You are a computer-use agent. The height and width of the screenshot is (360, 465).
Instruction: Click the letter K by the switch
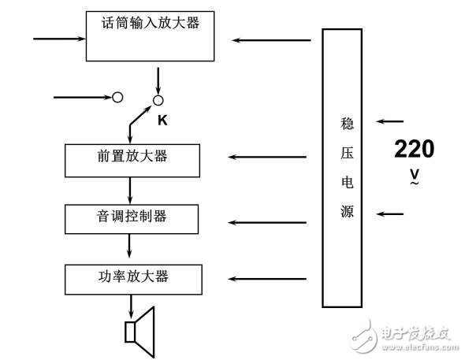coord(162,120)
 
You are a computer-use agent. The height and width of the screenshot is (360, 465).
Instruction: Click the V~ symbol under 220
coord(414,176)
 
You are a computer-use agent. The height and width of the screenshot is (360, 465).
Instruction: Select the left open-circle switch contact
coord(117,98)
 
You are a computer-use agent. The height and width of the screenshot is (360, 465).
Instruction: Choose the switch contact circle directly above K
coord(158,99)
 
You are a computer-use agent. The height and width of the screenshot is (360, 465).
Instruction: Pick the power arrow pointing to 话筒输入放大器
coord(267,39)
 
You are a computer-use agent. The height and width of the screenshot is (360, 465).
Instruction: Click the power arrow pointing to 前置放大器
coord(267,157)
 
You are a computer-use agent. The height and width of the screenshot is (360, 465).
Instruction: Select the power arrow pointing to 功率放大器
coord(267,278)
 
